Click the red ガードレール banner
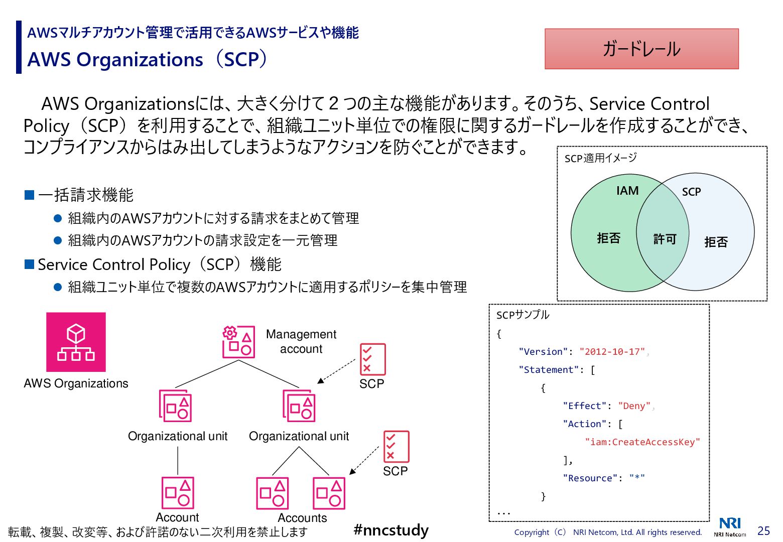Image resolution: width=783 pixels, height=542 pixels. (641, 49)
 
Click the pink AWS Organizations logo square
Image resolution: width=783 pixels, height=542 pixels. (76, 342)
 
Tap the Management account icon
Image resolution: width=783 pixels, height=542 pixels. (238, 342)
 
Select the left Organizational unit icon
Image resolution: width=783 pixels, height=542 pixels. (175, 405)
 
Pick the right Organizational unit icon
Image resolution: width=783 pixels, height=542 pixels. (299, 405)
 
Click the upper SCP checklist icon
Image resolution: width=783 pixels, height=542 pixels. (372, 359)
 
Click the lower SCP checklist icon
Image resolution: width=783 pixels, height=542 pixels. (396, 446)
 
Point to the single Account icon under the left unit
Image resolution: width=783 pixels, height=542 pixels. (178, 493)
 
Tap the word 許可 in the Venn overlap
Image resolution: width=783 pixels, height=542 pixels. (665, 239)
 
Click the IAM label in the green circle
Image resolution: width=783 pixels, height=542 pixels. (627, 191)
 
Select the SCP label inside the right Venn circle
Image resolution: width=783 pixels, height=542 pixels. (691, 192)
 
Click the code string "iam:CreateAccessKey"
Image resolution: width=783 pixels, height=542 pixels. (642, 442)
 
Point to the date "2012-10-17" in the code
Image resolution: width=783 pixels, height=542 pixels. (612, 352)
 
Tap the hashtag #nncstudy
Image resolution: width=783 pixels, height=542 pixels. (391, 530)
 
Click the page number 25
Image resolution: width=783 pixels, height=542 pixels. (763, 531)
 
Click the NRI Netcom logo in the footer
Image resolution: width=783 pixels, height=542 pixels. (730, 527)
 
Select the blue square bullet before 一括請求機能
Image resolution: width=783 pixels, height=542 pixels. (29, 195)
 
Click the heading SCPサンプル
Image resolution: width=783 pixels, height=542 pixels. (523, 315)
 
